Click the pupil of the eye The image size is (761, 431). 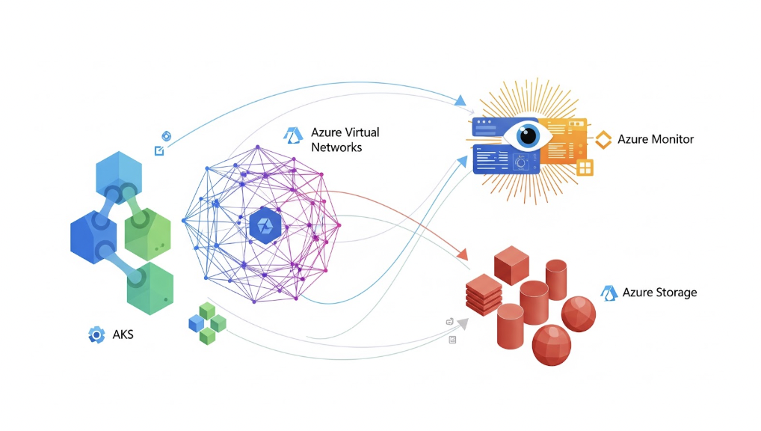(529, 135)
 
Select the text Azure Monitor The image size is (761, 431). (656, 139)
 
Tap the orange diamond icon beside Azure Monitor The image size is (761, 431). (603, 139)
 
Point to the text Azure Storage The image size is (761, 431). (659, 293)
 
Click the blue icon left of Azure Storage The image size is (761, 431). (609, 292)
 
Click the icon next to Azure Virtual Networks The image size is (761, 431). (292, 135)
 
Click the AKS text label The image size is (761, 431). (123, 334)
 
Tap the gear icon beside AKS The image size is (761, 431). (96, 334)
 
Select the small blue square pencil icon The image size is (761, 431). (158, 151)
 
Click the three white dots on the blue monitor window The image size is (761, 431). (486, 121)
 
